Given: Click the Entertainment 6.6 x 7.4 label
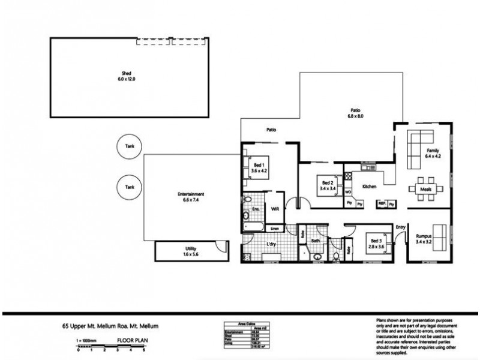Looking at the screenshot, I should pos(191,196).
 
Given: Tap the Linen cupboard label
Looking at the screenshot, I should pos(273,229).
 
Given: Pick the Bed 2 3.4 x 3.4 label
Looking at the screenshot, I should pos(328,185).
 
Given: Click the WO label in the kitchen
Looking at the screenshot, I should pos(348,192).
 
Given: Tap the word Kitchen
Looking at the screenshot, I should pos(369,187).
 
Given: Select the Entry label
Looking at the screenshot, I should pos(401,227).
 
